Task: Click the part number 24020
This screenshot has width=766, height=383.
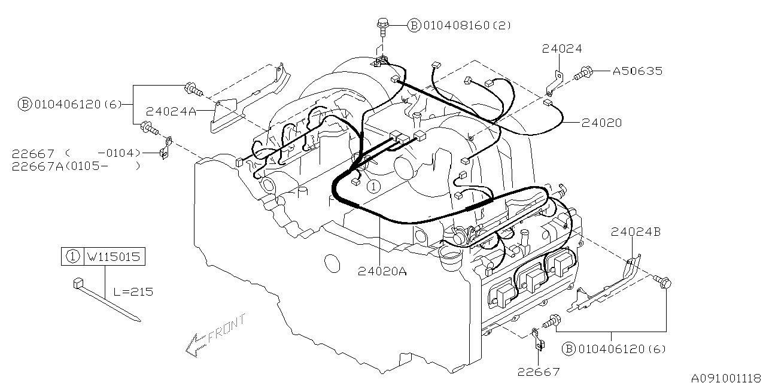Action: [601, 123]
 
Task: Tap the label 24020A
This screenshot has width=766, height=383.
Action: [382, 271]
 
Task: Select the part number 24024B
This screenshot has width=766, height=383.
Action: [636, 232]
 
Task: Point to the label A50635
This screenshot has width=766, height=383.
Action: [637, 71]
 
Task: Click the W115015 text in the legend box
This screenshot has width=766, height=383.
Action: [114, 257]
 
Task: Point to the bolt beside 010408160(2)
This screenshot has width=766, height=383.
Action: [382, 25]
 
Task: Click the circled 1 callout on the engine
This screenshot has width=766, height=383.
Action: [373, 186]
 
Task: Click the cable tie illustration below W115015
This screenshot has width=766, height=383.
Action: [108, 299]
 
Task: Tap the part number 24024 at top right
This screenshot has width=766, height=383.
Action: [563, 48]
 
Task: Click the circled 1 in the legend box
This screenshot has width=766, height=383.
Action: [72, 257]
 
